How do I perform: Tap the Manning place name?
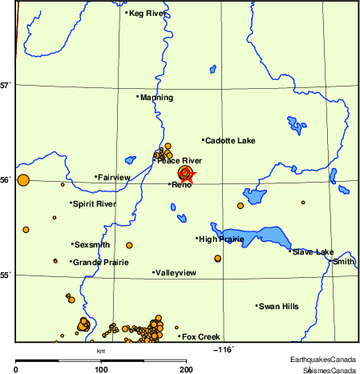pos(151,98)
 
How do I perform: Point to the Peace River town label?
pos(179,161)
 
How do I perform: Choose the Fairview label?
pos(114,177)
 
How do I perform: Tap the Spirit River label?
pos(94,204)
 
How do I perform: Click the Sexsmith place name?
pos(91,244)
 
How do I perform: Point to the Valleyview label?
pos(176,273)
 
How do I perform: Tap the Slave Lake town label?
pos(313,252)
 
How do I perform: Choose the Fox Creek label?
pos(200,336)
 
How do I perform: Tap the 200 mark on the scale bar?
pos(185,369)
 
